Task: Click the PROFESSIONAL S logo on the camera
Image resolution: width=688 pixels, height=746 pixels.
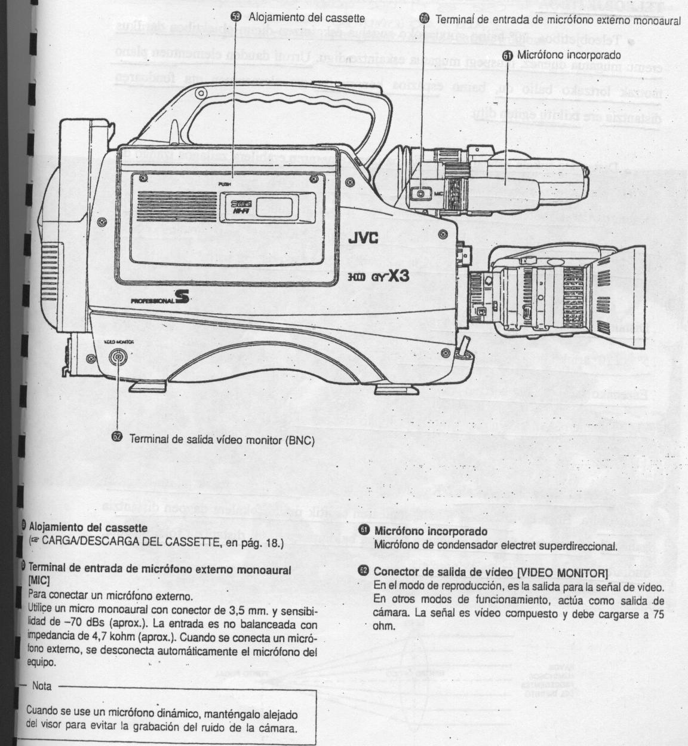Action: click(x=159, y=299)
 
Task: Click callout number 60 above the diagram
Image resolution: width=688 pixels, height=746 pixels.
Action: click(x=424, y=19)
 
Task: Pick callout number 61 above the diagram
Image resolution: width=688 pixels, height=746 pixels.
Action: click(x=508, y=55)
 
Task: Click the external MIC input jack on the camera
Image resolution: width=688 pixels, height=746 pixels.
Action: click(x=421, y=194)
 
